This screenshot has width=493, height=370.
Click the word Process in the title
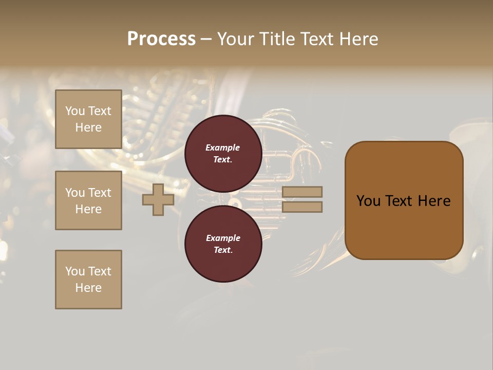(161, 39)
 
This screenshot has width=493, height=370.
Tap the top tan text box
(88, 119)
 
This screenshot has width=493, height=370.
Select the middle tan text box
(88, 200)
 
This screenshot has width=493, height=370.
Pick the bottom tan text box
(88, 280)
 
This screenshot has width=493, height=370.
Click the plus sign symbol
(158, 199)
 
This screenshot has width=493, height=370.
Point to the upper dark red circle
(223, 153)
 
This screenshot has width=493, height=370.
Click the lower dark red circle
(223, 244)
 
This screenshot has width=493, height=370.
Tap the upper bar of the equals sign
(302, 192)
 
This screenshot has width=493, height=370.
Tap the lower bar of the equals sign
(302, 207)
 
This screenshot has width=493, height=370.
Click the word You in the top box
(75, 111)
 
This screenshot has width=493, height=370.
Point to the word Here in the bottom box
(88, 288)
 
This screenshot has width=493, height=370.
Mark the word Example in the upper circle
(222, 147)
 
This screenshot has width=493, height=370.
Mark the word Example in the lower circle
(222, 238)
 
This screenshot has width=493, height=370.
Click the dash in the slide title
(206, 39)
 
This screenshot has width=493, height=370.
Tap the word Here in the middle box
(88, 209)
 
